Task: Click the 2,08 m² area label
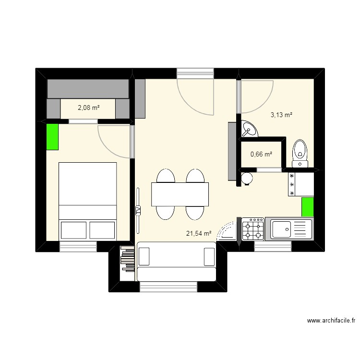click(x=88, y=108)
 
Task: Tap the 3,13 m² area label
click(x=281, y=115)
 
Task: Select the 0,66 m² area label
click(x=261, y=154)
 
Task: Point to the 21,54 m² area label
click(x=199, y=234)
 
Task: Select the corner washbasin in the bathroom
click(x=249, y=129)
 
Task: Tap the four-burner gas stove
click(x=252, y=229)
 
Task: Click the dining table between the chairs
click(x=180, y=194)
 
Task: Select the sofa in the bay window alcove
click(x=176, y=262)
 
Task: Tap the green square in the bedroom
click(x=52, y=137)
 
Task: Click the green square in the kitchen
click(x=307, y=207)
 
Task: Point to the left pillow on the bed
click(x=73, y=230)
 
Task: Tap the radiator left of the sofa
click(x=128, y=266)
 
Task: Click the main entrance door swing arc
click(x=194, y=98)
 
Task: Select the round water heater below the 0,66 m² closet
click(x=247, y=178)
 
